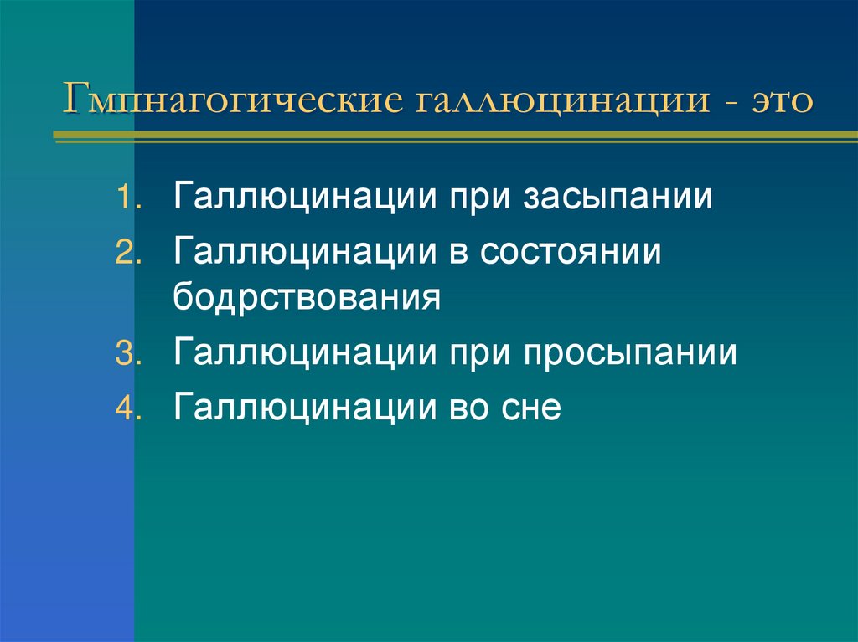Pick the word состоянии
(571, 254)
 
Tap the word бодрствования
(308, 298)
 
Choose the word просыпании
(632, 353)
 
